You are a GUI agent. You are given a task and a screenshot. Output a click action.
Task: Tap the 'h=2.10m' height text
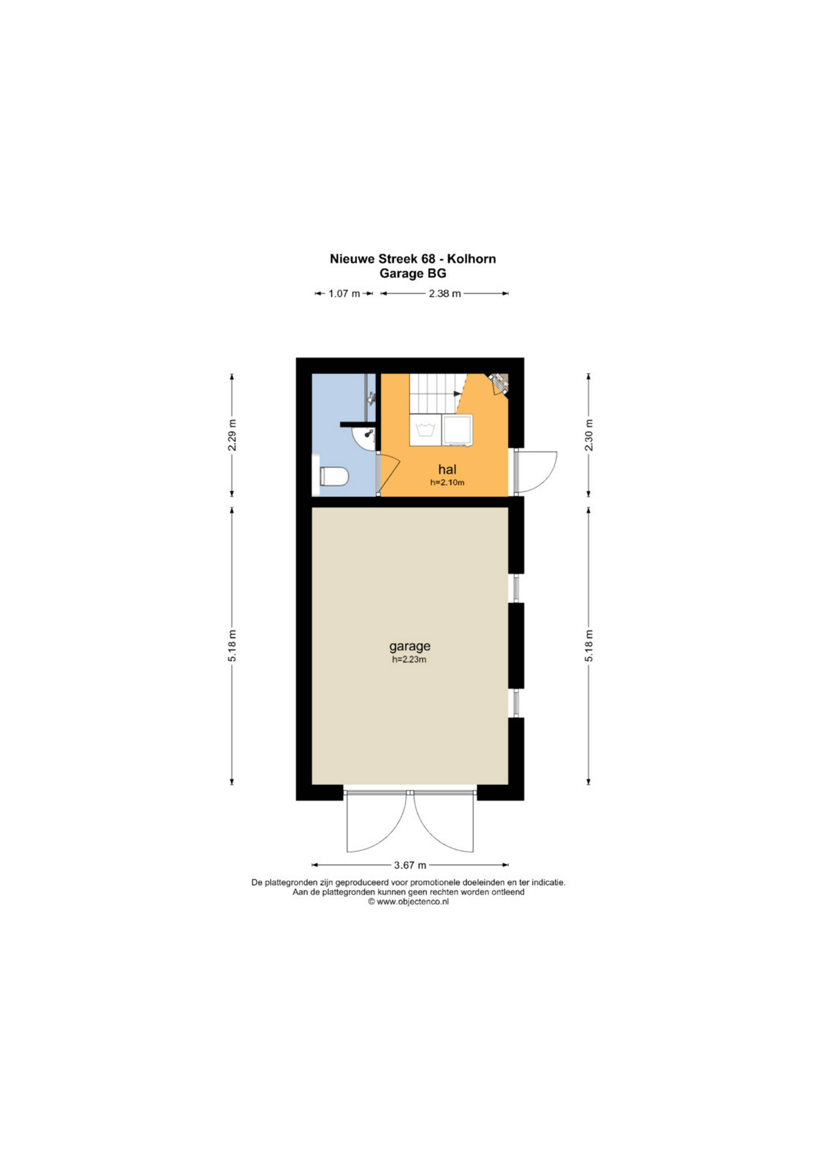coord(447,482)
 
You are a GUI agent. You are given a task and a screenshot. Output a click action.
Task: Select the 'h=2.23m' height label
coord(410,659)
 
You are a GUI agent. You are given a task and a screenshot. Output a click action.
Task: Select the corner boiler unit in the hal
coord(499,383)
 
